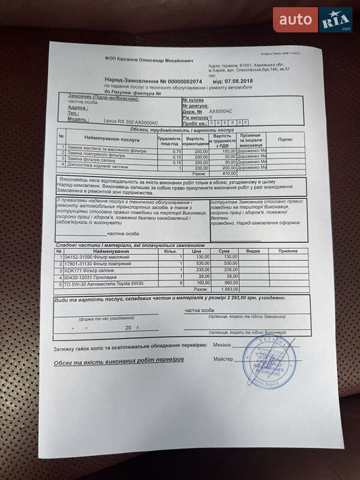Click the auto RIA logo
pos(313,20)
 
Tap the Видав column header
pos(253,251)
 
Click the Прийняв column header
pos(287,251)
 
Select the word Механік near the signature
pos(222,346)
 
